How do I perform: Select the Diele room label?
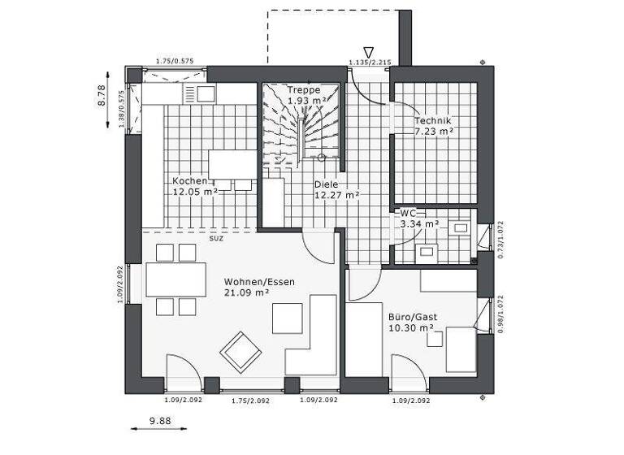point(327,184)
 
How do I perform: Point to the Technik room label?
point(432,119)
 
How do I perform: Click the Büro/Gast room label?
point(412,316)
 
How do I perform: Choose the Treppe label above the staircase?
point(304,90)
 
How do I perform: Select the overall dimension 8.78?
point(103,97)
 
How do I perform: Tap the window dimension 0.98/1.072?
point(500,314)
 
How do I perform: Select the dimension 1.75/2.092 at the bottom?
point(251,401)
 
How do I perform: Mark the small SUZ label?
point(216,238)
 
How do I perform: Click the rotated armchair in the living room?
point(240,350)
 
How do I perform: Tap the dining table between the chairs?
point(175,279)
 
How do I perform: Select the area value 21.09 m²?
point(248,292)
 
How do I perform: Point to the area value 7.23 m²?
point(434,130)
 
